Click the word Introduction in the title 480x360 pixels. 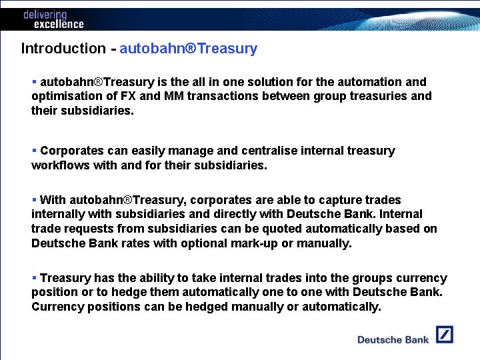pos(63,49)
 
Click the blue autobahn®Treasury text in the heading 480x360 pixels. pos(188,49)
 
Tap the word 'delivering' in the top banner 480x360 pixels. pos(45,14)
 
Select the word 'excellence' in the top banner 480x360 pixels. pos(59,24)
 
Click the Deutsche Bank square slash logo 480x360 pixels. pos(445,335)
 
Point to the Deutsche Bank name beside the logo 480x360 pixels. pos(393,339)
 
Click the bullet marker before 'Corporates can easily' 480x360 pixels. pos(34,151)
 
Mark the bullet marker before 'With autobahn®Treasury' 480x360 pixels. pos(34,200)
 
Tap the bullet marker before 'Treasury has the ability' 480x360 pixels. pos(34,278)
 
